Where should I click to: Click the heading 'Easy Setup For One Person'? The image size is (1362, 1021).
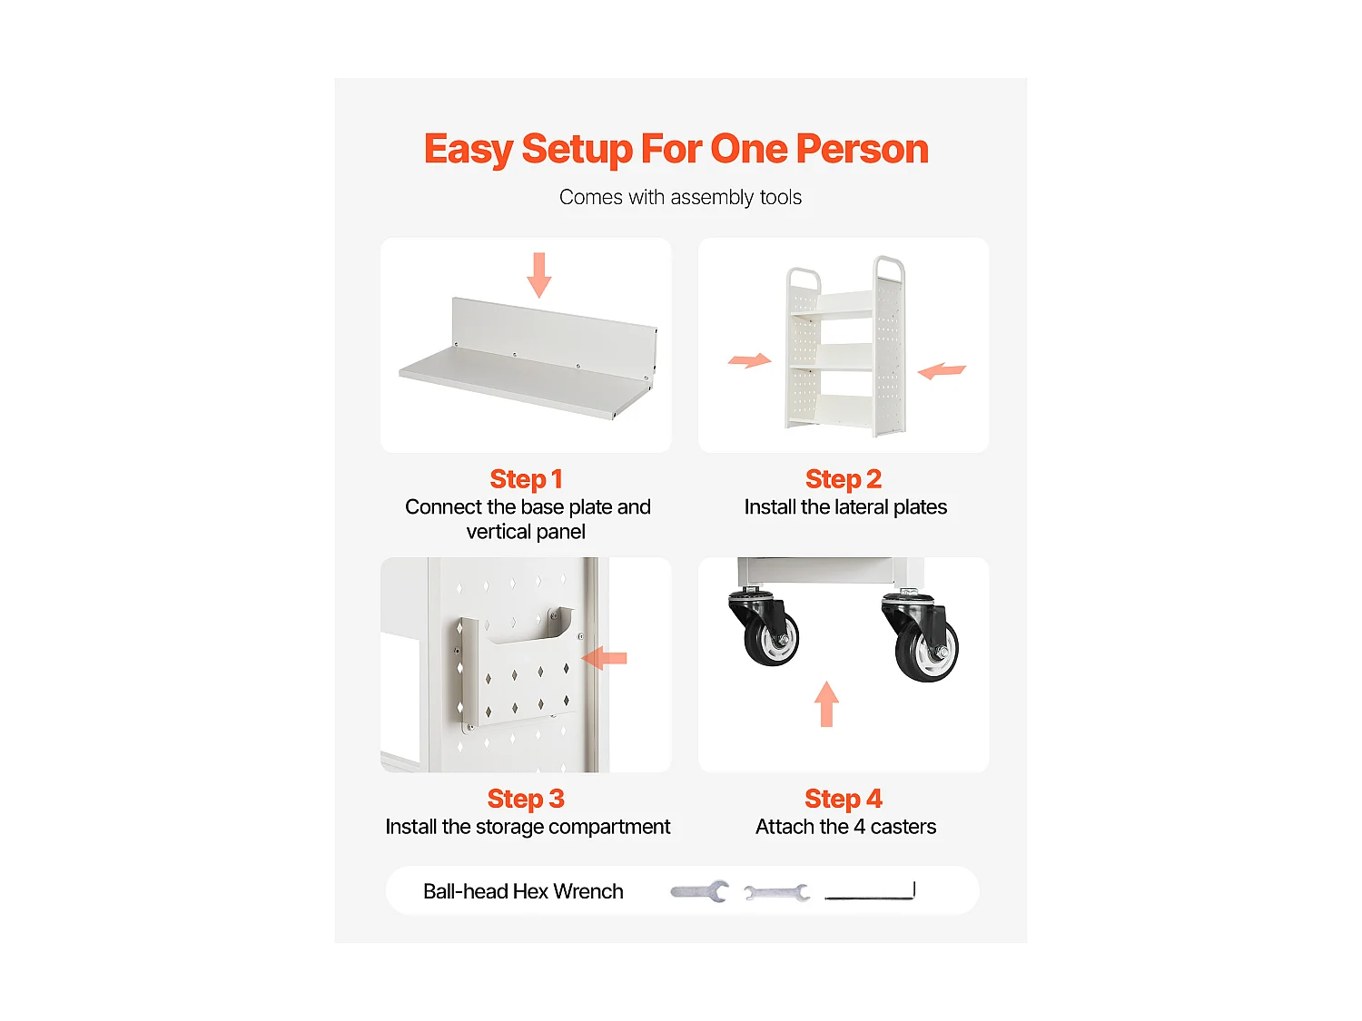pyautogui.click(x=676, y=150)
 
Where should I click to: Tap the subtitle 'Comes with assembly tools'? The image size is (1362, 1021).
pyautogui.click(x=680, y=197)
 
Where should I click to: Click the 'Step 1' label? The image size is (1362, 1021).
pyautogui.click(x=526, y=479)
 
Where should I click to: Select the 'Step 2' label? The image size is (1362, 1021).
pyautogui.click(x=844, y=479)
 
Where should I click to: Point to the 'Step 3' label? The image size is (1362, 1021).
pyautogui.click(x=526, y=799)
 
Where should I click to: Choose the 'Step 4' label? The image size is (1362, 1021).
pyautogui.click(x=844, y=799)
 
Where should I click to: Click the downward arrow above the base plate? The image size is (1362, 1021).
pyautogui.click(x=539, y=275)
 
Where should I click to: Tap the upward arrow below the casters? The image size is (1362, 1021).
pyautogui.click(x=826, y=703)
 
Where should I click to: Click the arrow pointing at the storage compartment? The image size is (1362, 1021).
pyautogui.click(x=605, y=658)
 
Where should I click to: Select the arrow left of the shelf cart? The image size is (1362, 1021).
pyautogui.click(x=750, y=361)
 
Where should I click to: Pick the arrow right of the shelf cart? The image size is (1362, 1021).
pyautogui.click(x=942, y=370)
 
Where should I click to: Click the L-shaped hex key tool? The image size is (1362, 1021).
pyautogui.click(x=870, y=891)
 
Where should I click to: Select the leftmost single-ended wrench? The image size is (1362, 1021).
pyautogui.click(x=699, y=891)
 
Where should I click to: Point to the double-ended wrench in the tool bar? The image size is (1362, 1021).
pyautogui.click(x=777, y=893)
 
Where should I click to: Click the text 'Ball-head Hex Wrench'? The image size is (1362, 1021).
pyautogui.click(x=523, y=891)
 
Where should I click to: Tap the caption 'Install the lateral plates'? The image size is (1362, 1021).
pyautogui.click(x=845, y=507)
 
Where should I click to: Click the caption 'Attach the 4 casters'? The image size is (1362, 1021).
pyautogui.click(x=845, y=827)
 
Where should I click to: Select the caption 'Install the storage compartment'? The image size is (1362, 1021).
pyautogui.click(x=528, y=828)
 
